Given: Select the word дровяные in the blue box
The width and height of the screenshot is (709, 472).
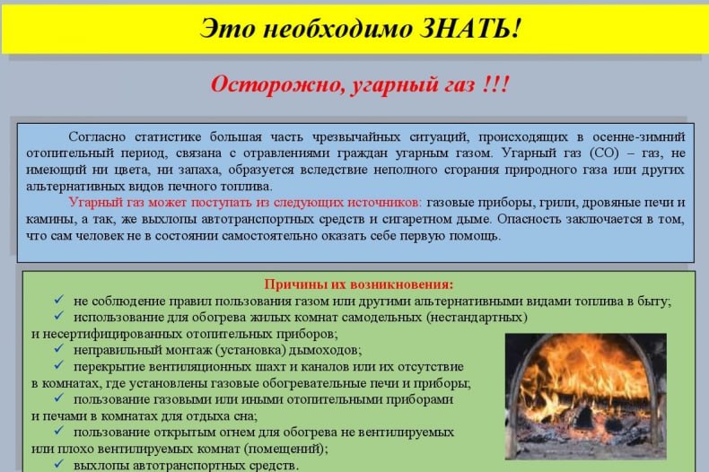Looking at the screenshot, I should point(612,203).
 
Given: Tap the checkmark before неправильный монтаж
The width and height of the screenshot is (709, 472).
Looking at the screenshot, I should point(58,349).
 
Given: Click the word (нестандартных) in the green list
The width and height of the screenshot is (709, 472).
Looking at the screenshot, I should point(477,317).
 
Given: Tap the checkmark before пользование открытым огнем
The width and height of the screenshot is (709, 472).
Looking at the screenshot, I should point(58,432).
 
